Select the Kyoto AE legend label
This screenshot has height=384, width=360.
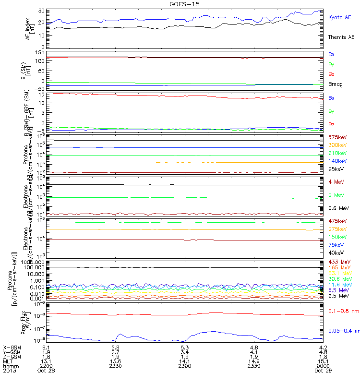pos(339,17)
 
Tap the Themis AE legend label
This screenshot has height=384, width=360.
pos(340,37)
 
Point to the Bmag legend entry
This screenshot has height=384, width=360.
pos(335,84)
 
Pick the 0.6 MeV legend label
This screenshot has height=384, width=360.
pos(337,208)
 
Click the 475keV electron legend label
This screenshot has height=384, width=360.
pos(337,221)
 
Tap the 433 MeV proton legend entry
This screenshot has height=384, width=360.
pos(338,262)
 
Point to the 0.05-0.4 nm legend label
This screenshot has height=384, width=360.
pos(343,331)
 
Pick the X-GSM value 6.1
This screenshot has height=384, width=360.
pos(47,347)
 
